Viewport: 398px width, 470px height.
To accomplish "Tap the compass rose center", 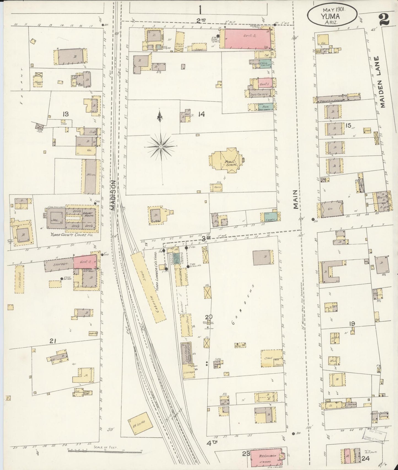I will coord(161,146).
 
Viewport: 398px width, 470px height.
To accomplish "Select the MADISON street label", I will coord(113,196).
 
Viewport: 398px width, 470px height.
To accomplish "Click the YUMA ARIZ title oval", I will coord(332,14).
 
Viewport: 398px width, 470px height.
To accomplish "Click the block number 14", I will coord(201,114).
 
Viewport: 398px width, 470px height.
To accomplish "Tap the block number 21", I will coord(53,341).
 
